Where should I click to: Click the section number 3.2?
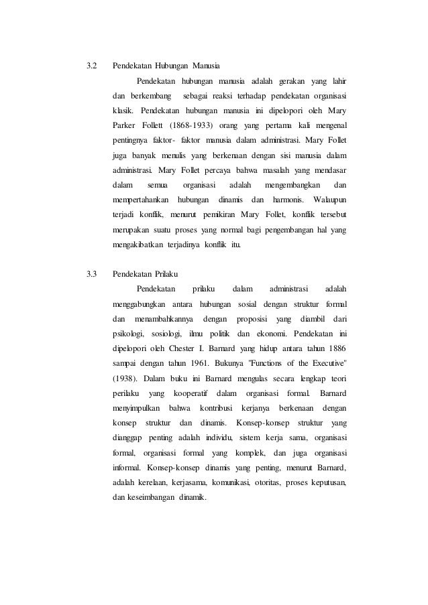pyautogui.click(x=93, y=67)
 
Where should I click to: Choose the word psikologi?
pyautogui.click(x=128, y=333)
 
